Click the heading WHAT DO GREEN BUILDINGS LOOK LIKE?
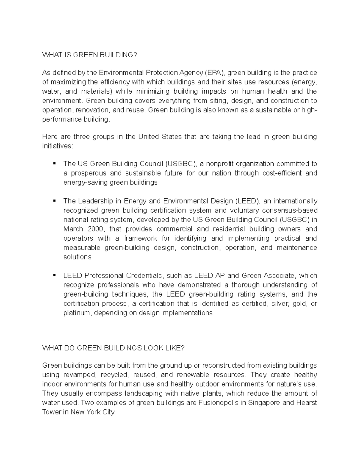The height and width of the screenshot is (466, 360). coord(113,348)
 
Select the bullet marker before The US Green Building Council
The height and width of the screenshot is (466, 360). coord(54,164)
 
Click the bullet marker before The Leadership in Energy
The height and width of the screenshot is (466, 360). coord(54,200)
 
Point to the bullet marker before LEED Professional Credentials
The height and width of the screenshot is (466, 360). coord(54,275)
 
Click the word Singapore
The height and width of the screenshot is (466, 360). coord(264,403)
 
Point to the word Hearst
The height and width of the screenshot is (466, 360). coord(307,403)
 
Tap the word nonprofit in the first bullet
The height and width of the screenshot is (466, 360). coord(220,164)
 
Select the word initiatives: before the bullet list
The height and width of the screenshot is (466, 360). coord(57,146)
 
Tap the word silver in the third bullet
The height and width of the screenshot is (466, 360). coord(279,304)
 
